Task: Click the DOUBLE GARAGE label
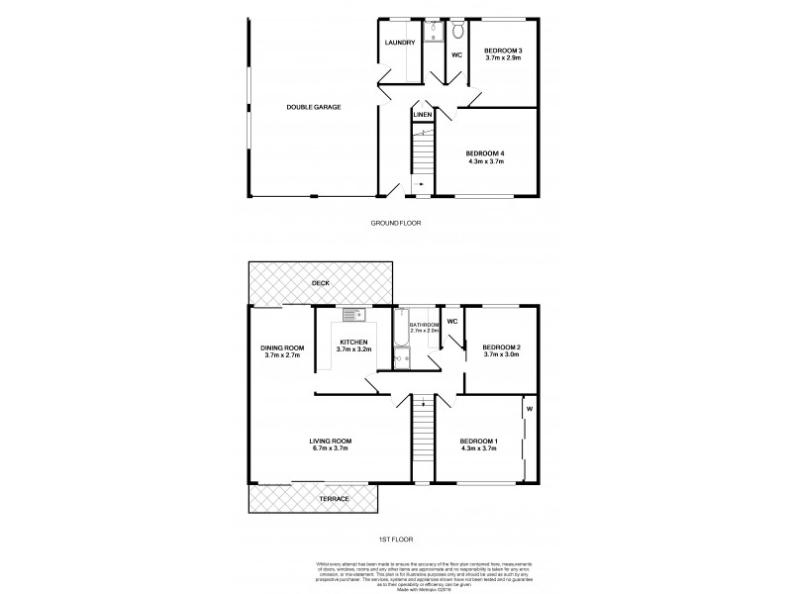(x=314, y=107)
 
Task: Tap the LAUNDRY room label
(x=400, y=43)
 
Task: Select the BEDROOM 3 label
(x=503, y=49)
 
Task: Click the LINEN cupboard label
(x=423, y=116)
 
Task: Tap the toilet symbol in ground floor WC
(x=456, y=31)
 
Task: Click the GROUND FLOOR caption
(x=396, y=223)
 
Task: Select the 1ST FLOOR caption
(x=396, y=540)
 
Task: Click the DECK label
(x=320, y=283)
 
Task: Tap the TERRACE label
(x=334, y=498)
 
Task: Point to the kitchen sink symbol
(x=354, y=316)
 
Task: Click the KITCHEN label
(x=352, y=343)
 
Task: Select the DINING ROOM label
(x=282, y=347)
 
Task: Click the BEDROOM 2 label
(x=502, y=347)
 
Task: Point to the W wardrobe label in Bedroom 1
(x=530, y=408)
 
